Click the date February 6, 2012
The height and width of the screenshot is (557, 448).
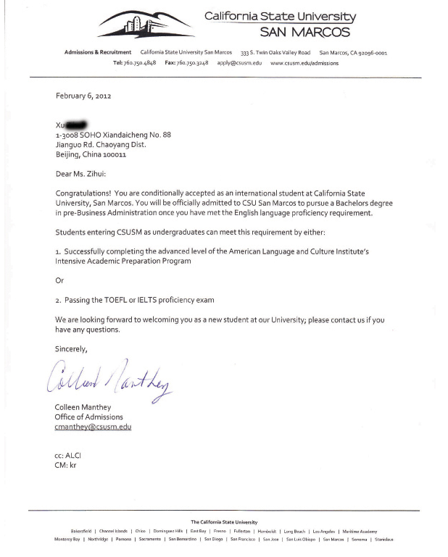83,96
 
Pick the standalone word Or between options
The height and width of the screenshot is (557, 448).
59,280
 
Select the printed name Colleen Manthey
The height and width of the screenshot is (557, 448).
83,407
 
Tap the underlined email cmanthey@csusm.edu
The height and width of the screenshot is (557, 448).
93,427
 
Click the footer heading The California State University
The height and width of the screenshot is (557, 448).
223,522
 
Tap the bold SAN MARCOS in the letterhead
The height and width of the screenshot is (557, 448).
305,32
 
